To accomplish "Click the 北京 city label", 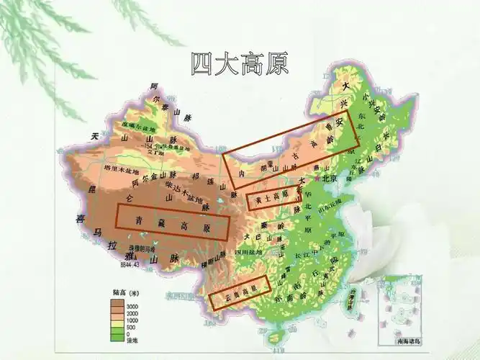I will [330, 178].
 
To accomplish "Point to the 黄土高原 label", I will [271, 196].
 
